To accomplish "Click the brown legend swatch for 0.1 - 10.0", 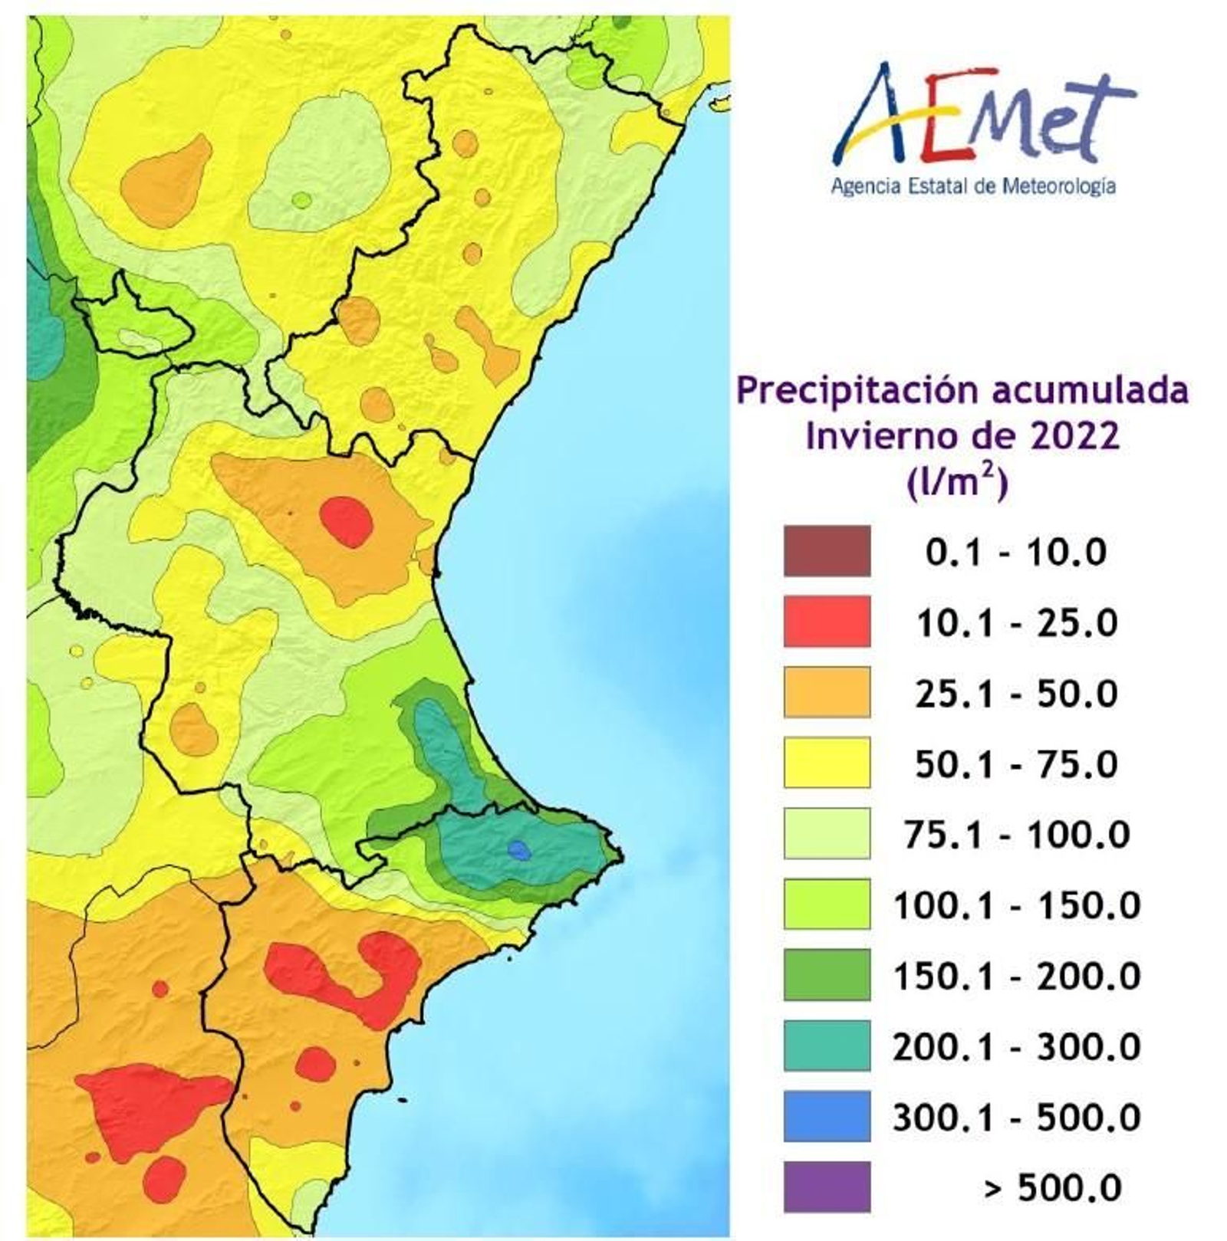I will [827, 551].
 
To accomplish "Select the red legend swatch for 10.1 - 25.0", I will [827, 622].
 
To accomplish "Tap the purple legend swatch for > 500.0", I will [827, 1187].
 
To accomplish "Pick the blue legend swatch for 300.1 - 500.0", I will [827, 1116].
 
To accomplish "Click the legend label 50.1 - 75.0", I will [1015, 764].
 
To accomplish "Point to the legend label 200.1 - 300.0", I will [1015, 1046].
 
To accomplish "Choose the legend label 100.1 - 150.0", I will [1015, 905].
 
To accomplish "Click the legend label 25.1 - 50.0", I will [1015, 694].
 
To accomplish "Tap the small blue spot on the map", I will [519, 849].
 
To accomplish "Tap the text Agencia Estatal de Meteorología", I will [972, 186].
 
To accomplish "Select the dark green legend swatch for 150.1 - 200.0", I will [827, 975].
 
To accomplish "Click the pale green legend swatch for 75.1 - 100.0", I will [827, 834].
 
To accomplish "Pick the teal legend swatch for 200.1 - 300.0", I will [827, 1046].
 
